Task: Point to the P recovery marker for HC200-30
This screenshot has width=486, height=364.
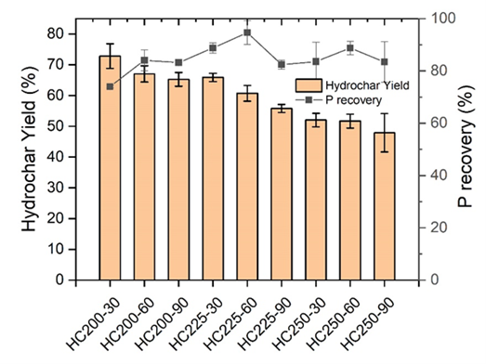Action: coord(110,86)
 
